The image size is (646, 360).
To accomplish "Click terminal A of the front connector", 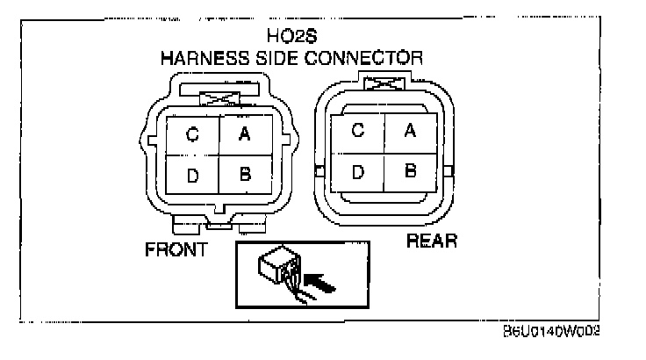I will [x=246, y=133].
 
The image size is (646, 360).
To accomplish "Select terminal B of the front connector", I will [x=246, y=175].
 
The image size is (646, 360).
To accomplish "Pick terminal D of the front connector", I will [x=192, y=176].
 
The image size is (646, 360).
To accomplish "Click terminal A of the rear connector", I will [x=408, y=131].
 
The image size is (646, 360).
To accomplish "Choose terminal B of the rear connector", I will [x=409, y=171].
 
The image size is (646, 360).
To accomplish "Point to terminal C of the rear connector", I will [x=357, y=131].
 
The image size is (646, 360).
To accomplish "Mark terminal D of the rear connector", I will [x=357, y=172].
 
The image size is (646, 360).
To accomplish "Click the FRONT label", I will [x=176, y=249].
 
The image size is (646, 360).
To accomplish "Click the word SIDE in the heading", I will [x=276, y=58].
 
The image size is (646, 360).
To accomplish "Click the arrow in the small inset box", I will [x=321, y=284].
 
